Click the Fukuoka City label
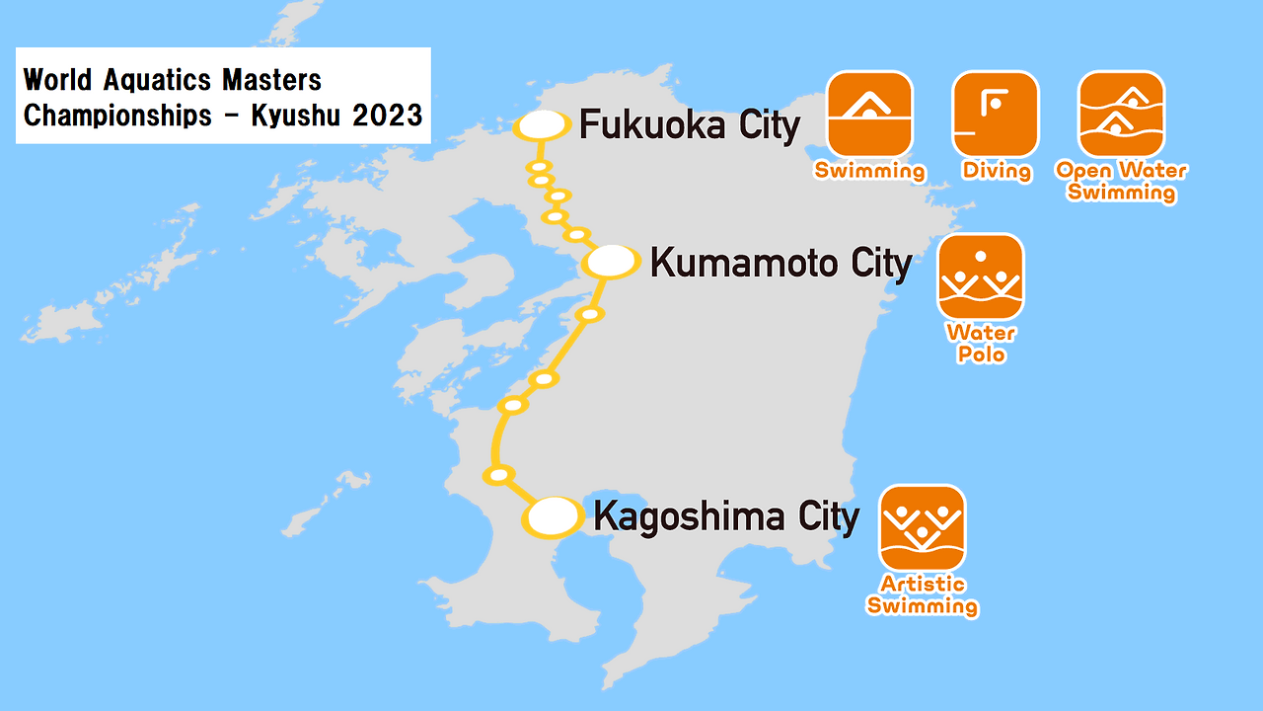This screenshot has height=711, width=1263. [689, 126]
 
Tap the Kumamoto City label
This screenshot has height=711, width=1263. [780, 264]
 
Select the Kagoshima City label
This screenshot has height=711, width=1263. [725, 516]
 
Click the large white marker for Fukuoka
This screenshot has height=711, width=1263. [542, 125]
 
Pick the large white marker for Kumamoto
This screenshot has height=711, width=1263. [612, 262]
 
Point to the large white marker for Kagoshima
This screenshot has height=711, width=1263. [554, 516]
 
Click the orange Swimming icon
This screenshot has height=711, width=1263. [869, 114]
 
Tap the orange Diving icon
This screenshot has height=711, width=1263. [995, 114]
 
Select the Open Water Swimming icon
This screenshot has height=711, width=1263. [1121, 114]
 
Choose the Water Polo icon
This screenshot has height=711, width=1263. [981, 276]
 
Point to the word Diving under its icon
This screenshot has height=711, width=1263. [997, 171]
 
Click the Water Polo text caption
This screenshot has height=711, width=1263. [981, 343]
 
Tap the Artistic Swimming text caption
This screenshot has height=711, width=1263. [923, 595]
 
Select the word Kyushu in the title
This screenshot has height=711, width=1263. [295, 115]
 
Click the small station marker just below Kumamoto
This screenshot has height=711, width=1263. [589, 314]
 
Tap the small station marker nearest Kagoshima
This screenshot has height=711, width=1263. [499, 475]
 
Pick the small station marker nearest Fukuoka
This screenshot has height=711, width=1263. [538, 166]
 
